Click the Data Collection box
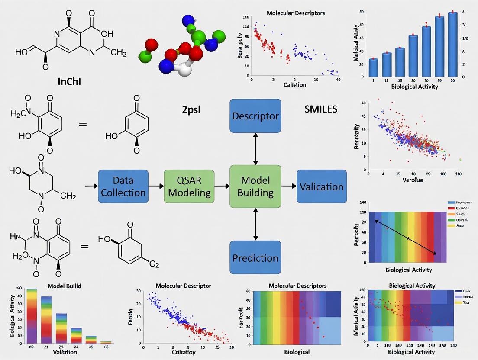[x=123, y=186]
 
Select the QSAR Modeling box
[x=189, y=186]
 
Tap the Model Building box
[x=255, y=186]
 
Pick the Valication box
[x=321, y=186]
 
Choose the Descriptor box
[x=255, y=116]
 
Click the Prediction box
[x=255, y=257]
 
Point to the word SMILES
[x=321, y=109]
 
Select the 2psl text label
[x=191, y=109]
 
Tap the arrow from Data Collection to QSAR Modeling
[x=156, y=186]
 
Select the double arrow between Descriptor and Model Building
[x=255, y=148]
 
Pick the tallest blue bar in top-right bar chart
[x=452, y=45]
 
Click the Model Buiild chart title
[x=64, y=286]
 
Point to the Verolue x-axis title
[x=413, y=180]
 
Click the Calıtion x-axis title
[x=294, y=85]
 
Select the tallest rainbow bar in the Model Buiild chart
[x=32, y=315]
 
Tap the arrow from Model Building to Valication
[x=288, y=186]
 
